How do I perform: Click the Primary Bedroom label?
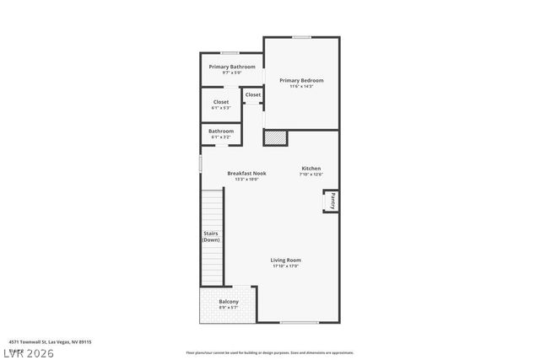click(x=301, y=80)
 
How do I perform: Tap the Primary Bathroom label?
click(x=232, y=67)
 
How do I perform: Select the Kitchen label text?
click(x=310, y=169)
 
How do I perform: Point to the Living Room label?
click(x=285, y=260)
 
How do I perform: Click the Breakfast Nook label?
click(x=246, y=173)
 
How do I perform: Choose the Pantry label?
click(x=332, y=201)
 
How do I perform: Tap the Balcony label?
click(x=229, y=302)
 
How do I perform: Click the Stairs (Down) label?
click(x=212, y=237)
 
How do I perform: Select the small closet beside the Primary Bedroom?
click(x=253, y=95)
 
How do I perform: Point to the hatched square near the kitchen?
click(x=276, y=137)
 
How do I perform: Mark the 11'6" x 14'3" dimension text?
click(x=301, y=86)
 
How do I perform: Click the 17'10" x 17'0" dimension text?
click(x=285, y=266)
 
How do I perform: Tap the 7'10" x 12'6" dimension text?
click(x=311, y=175)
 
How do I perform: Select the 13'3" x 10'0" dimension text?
click(x=246, y=179)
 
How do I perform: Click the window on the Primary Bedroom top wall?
click(x=301, y=36)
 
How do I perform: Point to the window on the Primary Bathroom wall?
click(x=229, y=53)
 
